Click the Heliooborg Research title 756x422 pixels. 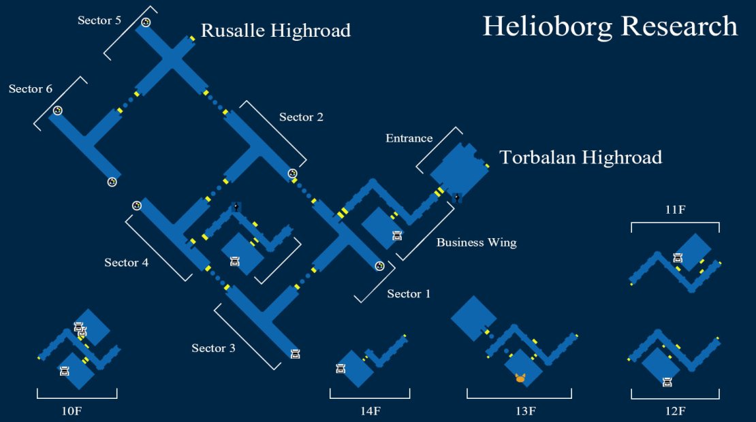coord(610,27)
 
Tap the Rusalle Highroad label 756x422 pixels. coord(276,31)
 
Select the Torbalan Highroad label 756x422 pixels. coord(580,157)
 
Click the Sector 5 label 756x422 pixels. coord(99,20)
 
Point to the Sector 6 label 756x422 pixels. coord(31,88)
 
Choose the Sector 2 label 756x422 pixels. coord(301,117)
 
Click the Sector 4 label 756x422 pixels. coord(126,263)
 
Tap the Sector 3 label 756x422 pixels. coord(213,348)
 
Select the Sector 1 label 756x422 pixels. coord(409,294)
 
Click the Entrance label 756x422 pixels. coord(409,138)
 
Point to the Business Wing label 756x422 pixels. coord(476,242)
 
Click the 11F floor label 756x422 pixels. coord(675,210)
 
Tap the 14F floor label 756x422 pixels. coord(371,411)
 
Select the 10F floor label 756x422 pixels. coord(72,411)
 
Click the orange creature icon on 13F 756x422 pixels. coord(520,378)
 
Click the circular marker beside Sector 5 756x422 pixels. coord(146,22)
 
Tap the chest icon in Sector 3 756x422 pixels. coord(296,354)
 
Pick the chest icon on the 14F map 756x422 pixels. coord(341,369)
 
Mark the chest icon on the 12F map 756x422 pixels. coord(667,383)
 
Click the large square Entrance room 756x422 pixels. coord(459,169)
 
